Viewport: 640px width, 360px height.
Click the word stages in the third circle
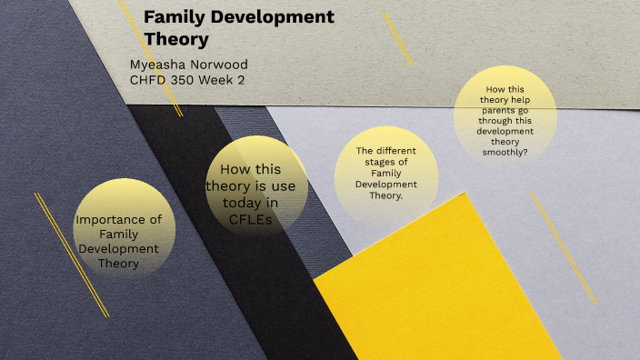[x=387, y=161]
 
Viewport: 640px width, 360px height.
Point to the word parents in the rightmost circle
[x=495, y=121]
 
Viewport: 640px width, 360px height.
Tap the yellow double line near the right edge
[x=564, y=248]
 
